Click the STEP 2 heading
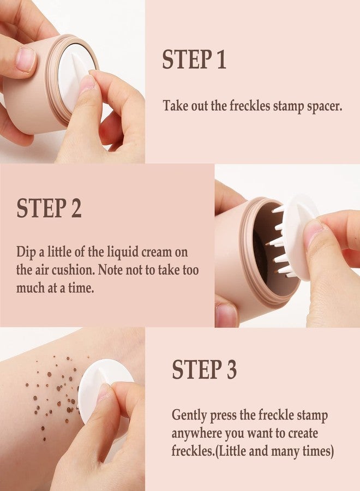pos(49,208)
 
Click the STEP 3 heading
pos(205,369)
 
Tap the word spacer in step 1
pos(324,106)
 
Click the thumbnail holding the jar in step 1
pos(25,59)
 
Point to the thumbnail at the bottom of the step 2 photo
pos(226,315)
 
